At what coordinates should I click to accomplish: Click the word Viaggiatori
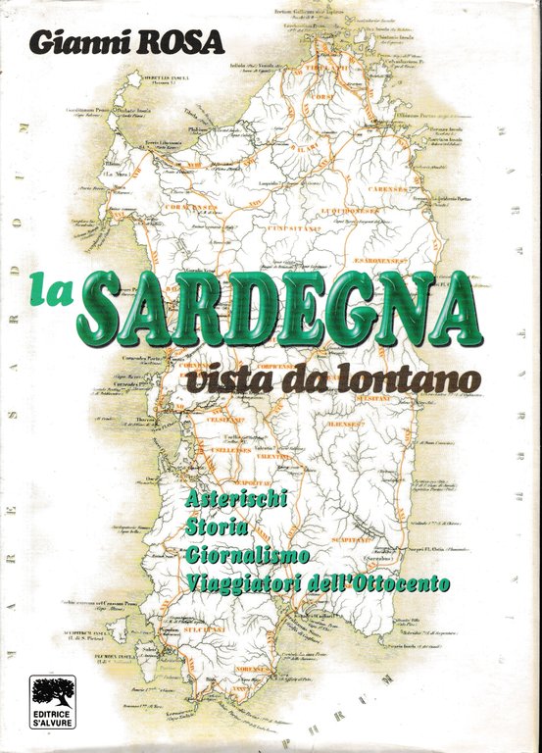tap(246, 582)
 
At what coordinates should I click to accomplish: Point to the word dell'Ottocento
tap(383, 582)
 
